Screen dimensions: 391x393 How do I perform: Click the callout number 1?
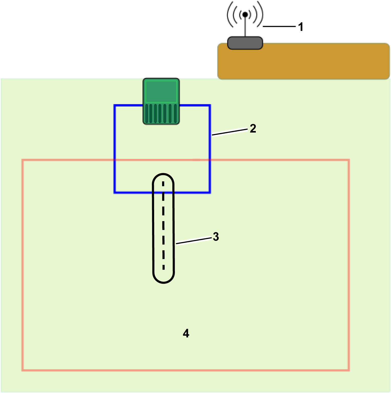click(301, 27)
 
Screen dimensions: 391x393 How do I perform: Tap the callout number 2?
click(253, 128)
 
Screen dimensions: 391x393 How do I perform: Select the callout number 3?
click(216, 237)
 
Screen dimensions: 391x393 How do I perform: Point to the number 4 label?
click(186, 333)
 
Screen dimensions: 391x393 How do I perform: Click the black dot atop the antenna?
click(245, 14)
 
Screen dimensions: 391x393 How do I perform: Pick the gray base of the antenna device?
click(245, 43)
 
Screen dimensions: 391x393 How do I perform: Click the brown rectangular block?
click(303, 61)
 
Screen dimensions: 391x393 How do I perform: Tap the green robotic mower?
click(161, 101)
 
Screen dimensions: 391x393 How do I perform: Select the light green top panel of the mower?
click(161, 91)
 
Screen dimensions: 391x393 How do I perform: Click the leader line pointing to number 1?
click(279, 26)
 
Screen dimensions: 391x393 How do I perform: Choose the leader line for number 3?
click(194, 241)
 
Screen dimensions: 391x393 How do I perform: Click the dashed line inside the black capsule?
click(163, 225)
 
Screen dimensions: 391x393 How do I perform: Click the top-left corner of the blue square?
click(115, 105)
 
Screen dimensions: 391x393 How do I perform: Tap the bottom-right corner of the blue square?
click(210, 192)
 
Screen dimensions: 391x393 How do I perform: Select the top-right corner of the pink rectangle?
click(349, 160)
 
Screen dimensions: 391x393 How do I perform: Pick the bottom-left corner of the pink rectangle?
click(23, 370)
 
